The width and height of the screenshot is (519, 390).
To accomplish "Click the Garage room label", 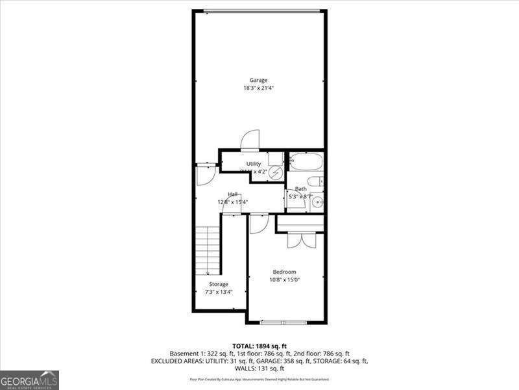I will coord(258,81).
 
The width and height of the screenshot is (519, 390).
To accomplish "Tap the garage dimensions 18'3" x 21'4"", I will coord(258,88).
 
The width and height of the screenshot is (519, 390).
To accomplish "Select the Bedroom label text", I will coord(284,272).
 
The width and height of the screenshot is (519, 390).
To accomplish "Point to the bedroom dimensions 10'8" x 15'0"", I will coord(284,279).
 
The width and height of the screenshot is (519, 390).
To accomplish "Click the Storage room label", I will coord(218,284).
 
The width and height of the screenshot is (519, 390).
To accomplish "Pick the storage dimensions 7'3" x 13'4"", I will coord(218,292).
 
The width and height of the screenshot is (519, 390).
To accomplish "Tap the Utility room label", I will coord(253,164).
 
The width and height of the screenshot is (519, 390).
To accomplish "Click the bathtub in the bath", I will coord(306,161).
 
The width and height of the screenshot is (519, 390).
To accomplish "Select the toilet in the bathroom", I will coord(316,181).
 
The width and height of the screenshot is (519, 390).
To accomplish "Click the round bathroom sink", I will coord(316,202).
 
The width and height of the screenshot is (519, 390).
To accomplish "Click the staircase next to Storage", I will coord(208,250).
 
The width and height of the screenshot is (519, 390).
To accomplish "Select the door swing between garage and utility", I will coord(250,140).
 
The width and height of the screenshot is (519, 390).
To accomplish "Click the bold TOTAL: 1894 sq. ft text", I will coord(259,345).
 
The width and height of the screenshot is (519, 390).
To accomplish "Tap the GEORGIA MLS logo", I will coord(29,380).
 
